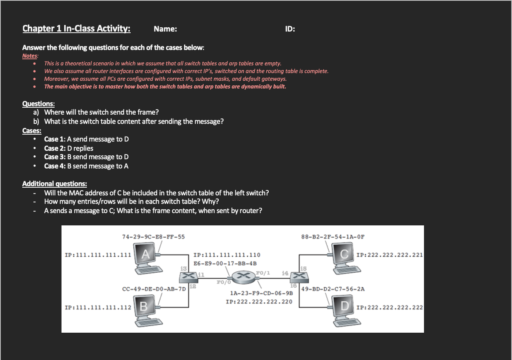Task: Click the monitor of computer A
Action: [x=146, y=255]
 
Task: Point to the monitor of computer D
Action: [x=344, y=306]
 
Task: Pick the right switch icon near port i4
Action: [x=299, y=276]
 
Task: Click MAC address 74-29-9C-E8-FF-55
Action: [x=153, y=237]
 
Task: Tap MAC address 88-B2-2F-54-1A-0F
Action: [x=333, y=237]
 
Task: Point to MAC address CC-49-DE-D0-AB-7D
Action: [x=154, y=289]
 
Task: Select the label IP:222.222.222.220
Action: [x=259, y=302]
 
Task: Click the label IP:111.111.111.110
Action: [x=227, y=255]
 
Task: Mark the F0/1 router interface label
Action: [x=263, y=273]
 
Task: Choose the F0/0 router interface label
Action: [x=224, y=282]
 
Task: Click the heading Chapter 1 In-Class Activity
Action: [x=76, y=28]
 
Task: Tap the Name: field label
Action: [x=165, y=29]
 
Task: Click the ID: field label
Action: [x=290, y=29]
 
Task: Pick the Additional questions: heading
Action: [x=55, y=184]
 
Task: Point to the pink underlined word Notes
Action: [x=30, y=56]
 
